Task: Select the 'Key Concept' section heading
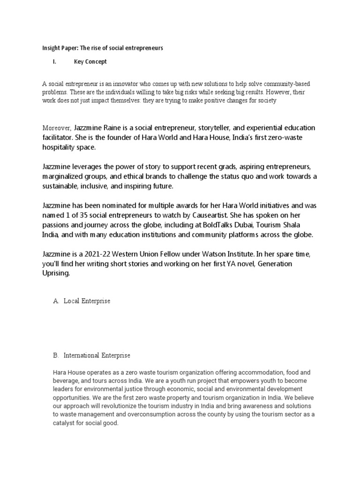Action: [x=90, y=62]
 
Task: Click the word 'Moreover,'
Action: [x=57, y=128]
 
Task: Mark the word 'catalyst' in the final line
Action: [x=66, y=423]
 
